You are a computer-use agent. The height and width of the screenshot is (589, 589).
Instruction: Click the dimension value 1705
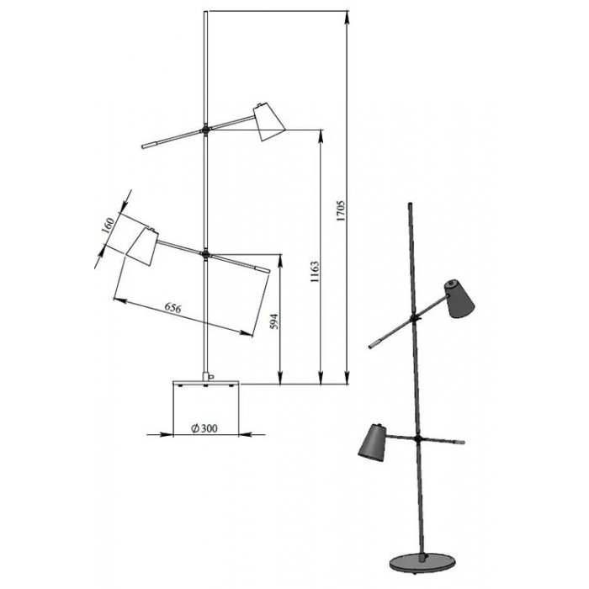click(x=341, y=210)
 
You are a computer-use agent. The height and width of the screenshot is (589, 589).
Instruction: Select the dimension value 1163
click(x=315, y=272)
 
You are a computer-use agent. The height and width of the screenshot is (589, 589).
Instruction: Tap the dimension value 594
click(x=274, y=321)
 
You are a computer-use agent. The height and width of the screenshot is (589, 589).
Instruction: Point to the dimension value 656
click(x=173, y=308)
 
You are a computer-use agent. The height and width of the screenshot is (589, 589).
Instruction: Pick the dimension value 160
click(x=109, y=226)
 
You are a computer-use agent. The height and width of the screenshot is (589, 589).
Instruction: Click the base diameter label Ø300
click(x=204, y=428)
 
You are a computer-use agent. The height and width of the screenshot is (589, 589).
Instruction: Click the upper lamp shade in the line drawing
click(x=268, y=121)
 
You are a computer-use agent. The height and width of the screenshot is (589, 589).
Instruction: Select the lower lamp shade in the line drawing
click(x=142, y=246)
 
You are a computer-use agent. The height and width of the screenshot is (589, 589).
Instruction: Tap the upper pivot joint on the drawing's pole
click(x=205, y=130)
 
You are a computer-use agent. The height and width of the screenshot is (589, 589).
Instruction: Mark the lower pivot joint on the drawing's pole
click(x=205, y=255)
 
